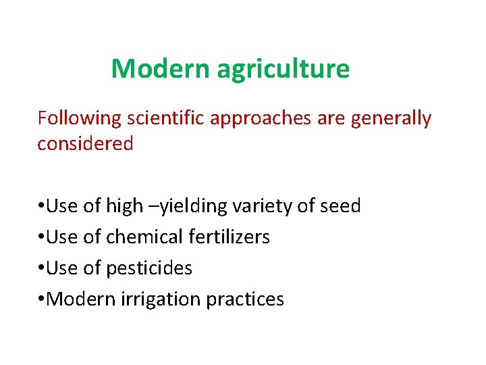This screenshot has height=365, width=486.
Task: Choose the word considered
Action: point(85,143)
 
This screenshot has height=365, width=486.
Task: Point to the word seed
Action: point(341,205)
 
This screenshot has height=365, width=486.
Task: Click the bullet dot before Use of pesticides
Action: point(41,268)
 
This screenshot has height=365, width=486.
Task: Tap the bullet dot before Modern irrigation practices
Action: point(41,299)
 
